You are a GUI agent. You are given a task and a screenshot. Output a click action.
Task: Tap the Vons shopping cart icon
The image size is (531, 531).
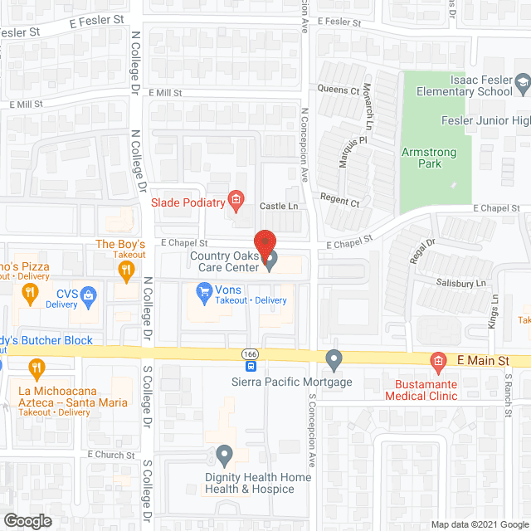coord(202,291)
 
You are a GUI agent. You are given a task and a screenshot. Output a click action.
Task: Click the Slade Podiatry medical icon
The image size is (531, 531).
coord(236,200)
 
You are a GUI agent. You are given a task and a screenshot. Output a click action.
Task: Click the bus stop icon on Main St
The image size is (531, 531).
coord(251,366)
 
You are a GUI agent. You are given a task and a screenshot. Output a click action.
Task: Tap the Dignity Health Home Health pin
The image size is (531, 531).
coord(224,455)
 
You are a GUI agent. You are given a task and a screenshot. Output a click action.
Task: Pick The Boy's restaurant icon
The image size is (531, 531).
coord(126,270)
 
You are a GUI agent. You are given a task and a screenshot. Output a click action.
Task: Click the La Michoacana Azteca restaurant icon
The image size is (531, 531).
coord(37,367)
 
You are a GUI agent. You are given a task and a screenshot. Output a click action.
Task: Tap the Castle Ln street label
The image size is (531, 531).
coord(279,206)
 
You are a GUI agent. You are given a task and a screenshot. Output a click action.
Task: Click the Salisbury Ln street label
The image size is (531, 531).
coord(461,284)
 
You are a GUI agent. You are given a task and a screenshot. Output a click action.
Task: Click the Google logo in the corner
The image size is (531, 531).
coord(27,520)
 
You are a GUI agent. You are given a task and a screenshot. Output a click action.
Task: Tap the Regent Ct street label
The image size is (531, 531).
coord(341,202)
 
